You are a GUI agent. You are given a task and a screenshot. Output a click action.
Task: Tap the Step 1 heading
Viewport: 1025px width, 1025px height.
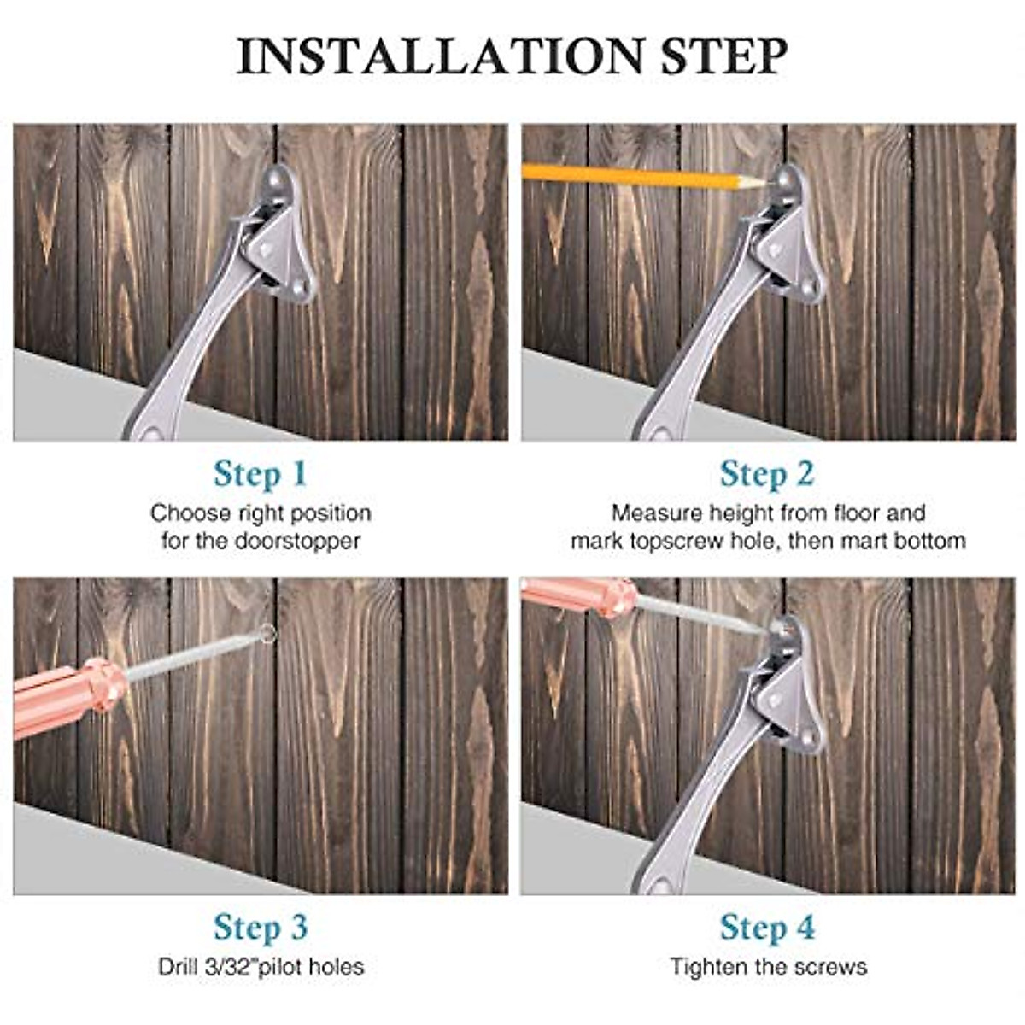pos(260,474)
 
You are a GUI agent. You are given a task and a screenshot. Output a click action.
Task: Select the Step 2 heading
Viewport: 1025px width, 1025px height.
pos(766,474)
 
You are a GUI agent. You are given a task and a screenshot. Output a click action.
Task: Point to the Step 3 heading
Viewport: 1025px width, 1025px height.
pos(260,928)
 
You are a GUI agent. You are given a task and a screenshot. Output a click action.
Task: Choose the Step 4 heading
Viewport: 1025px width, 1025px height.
pos(766,928)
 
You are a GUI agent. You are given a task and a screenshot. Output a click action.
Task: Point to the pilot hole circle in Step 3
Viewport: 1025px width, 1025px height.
pos(267,634)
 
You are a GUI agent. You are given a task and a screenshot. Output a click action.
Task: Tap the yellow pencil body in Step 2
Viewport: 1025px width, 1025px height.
pos(632,177)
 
